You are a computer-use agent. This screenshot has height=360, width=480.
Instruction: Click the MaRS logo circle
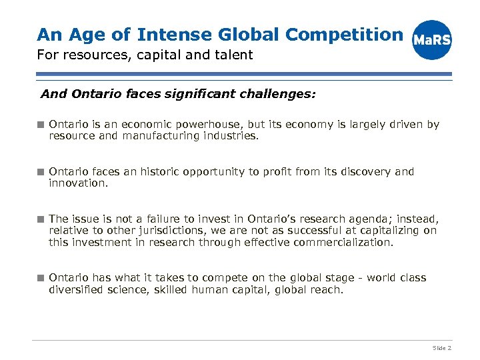tap(432, 39)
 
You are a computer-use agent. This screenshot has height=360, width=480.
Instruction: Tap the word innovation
tap(77, 183)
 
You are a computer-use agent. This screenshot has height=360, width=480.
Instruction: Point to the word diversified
tap(75, 289)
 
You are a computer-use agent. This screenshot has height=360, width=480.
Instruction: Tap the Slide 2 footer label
tap(442, 348)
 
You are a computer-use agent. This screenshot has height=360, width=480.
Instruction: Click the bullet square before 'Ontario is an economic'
tap(41, 125)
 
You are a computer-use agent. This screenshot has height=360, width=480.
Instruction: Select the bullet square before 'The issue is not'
tap(41, 219)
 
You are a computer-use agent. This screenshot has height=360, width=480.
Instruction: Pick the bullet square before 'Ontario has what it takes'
tap(41, 278)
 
